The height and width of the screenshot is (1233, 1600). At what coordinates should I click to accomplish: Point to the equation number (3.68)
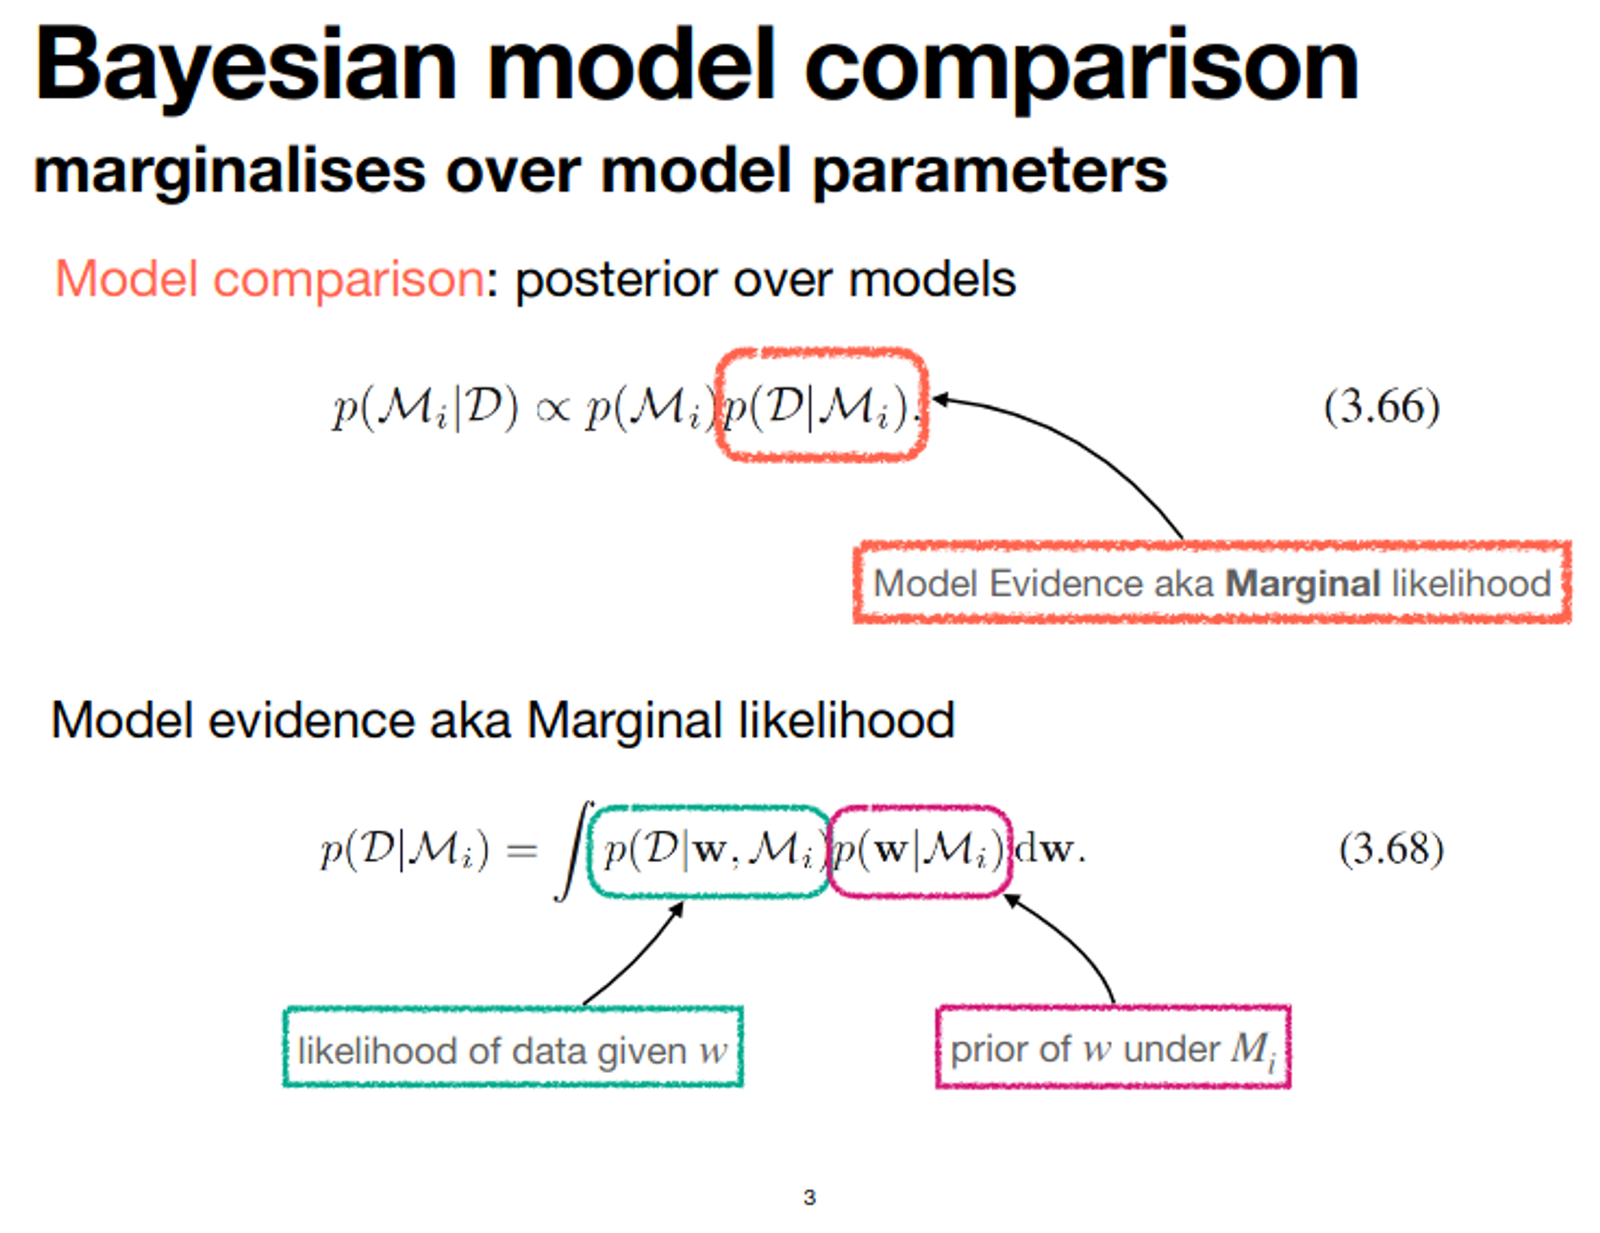pyautogui.click(x=1391, y=849)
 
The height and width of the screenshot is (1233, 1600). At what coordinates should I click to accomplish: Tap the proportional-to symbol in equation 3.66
pyautogui.click(x=553, y=410)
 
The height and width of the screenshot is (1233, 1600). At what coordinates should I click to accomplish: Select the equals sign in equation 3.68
pyautogui.click(x=522, y=851)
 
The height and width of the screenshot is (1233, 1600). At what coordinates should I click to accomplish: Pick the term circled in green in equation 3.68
pyautogui.click(x=709, y=851)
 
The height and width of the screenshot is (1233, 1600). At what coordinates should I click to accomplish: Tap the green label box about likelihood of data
pyautogui.click(x=513, y=1047)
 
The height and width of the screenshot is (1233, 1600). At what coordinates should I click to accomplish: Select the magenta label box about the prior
pyautogui.click(x=1113, y=1047)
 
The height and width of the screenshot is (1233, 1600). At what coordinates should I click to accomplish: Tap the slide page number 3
pyautogui.click(x=809, y=1198)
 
